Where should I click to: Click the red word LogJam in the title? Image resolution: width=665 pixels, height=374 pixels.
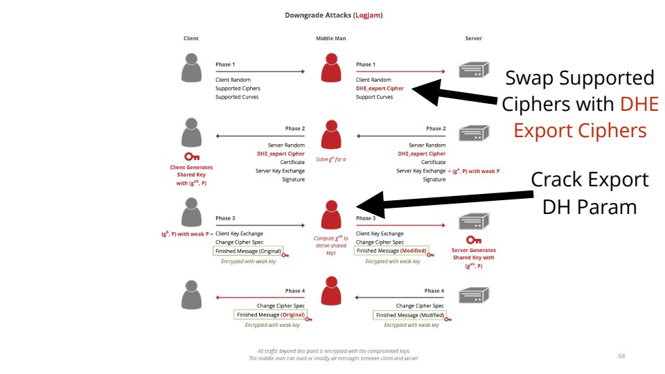tap(367, 15)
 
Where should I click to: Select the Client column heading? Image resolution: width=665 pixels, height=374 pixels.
tap(191, 39)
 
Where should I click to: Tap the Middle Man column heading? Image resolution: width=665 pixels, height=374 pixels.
tap(330, 39)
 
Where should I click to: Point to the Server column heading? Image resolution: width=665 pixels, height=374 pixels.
tap(473, 39)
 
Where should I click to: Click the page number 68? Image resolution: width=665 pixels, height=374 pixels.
tap(621, 355)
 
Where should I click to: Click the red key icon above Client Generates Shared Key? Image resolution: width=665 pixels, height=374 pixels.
tap(192, 157)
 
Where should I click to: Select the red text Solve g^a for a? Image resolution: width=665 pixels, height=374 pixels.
tap(330, 160)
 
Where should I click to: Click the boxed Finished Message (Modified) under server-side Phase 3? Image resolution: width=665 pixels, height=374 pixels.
tap(391, 251)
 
